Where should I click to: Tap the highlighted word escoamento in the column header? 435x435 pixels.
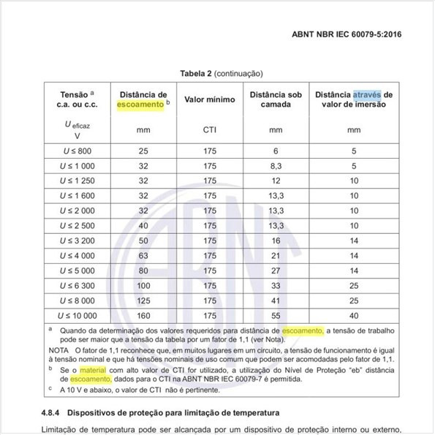click(141, 105)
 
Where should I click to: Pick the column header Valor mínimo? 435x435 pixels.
click(210, 99)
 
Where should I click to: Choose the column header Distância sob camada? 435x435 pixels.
click(276, 99)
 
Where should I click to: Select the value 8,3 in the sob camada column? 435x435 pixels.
click(276, 166)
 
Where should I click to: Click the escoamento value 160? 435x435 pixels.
click(143, 316)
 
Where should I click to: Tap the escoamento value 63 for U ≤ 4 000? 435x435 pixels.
click(143, 256)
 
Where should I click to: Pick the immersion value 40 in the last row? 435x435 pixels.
click(353, 316)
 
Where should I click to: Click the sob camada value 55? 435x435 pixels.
click(276, 316)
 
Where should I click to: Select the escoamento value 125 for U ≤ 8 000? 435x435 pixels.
click(143, 300)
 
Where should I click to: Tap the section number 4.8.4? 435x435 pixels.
click(53, 415)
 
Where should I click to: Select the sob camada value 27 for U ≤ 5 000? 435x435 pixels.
click(276, 271)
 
